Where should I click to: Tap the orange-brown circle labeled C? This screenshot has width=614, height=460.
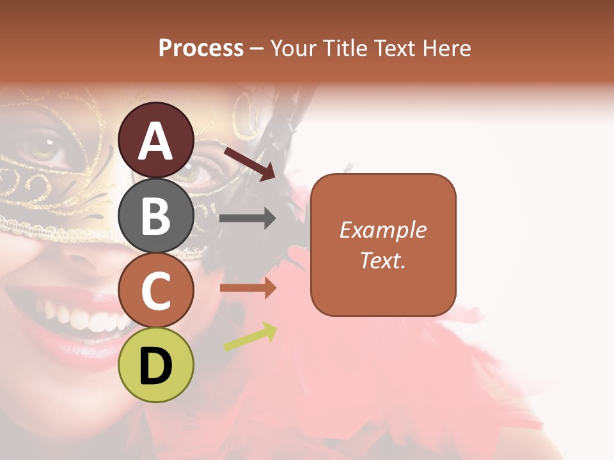156,290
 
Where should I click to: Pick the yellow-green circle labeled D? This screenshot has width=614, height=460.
156,365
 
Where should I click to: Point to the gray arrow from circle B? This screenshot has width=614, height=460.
248,218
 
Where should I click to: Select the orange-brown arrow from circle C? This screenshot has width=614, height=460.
248,288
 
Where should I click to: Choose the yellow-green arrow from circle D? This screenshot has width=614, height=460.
250,337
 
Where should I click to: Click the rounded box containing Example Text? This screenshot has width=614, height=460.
383,245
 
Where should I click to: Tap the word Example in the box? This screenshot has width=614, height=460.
383,230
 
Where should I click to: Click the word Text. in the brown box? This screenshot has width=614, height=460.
383,260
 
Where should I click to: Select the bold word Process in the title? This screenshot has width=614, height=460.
201,48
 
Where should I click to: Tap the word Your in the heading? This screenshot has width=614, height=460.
294,48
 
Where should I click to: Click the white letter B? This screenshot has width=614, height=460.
156,216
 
